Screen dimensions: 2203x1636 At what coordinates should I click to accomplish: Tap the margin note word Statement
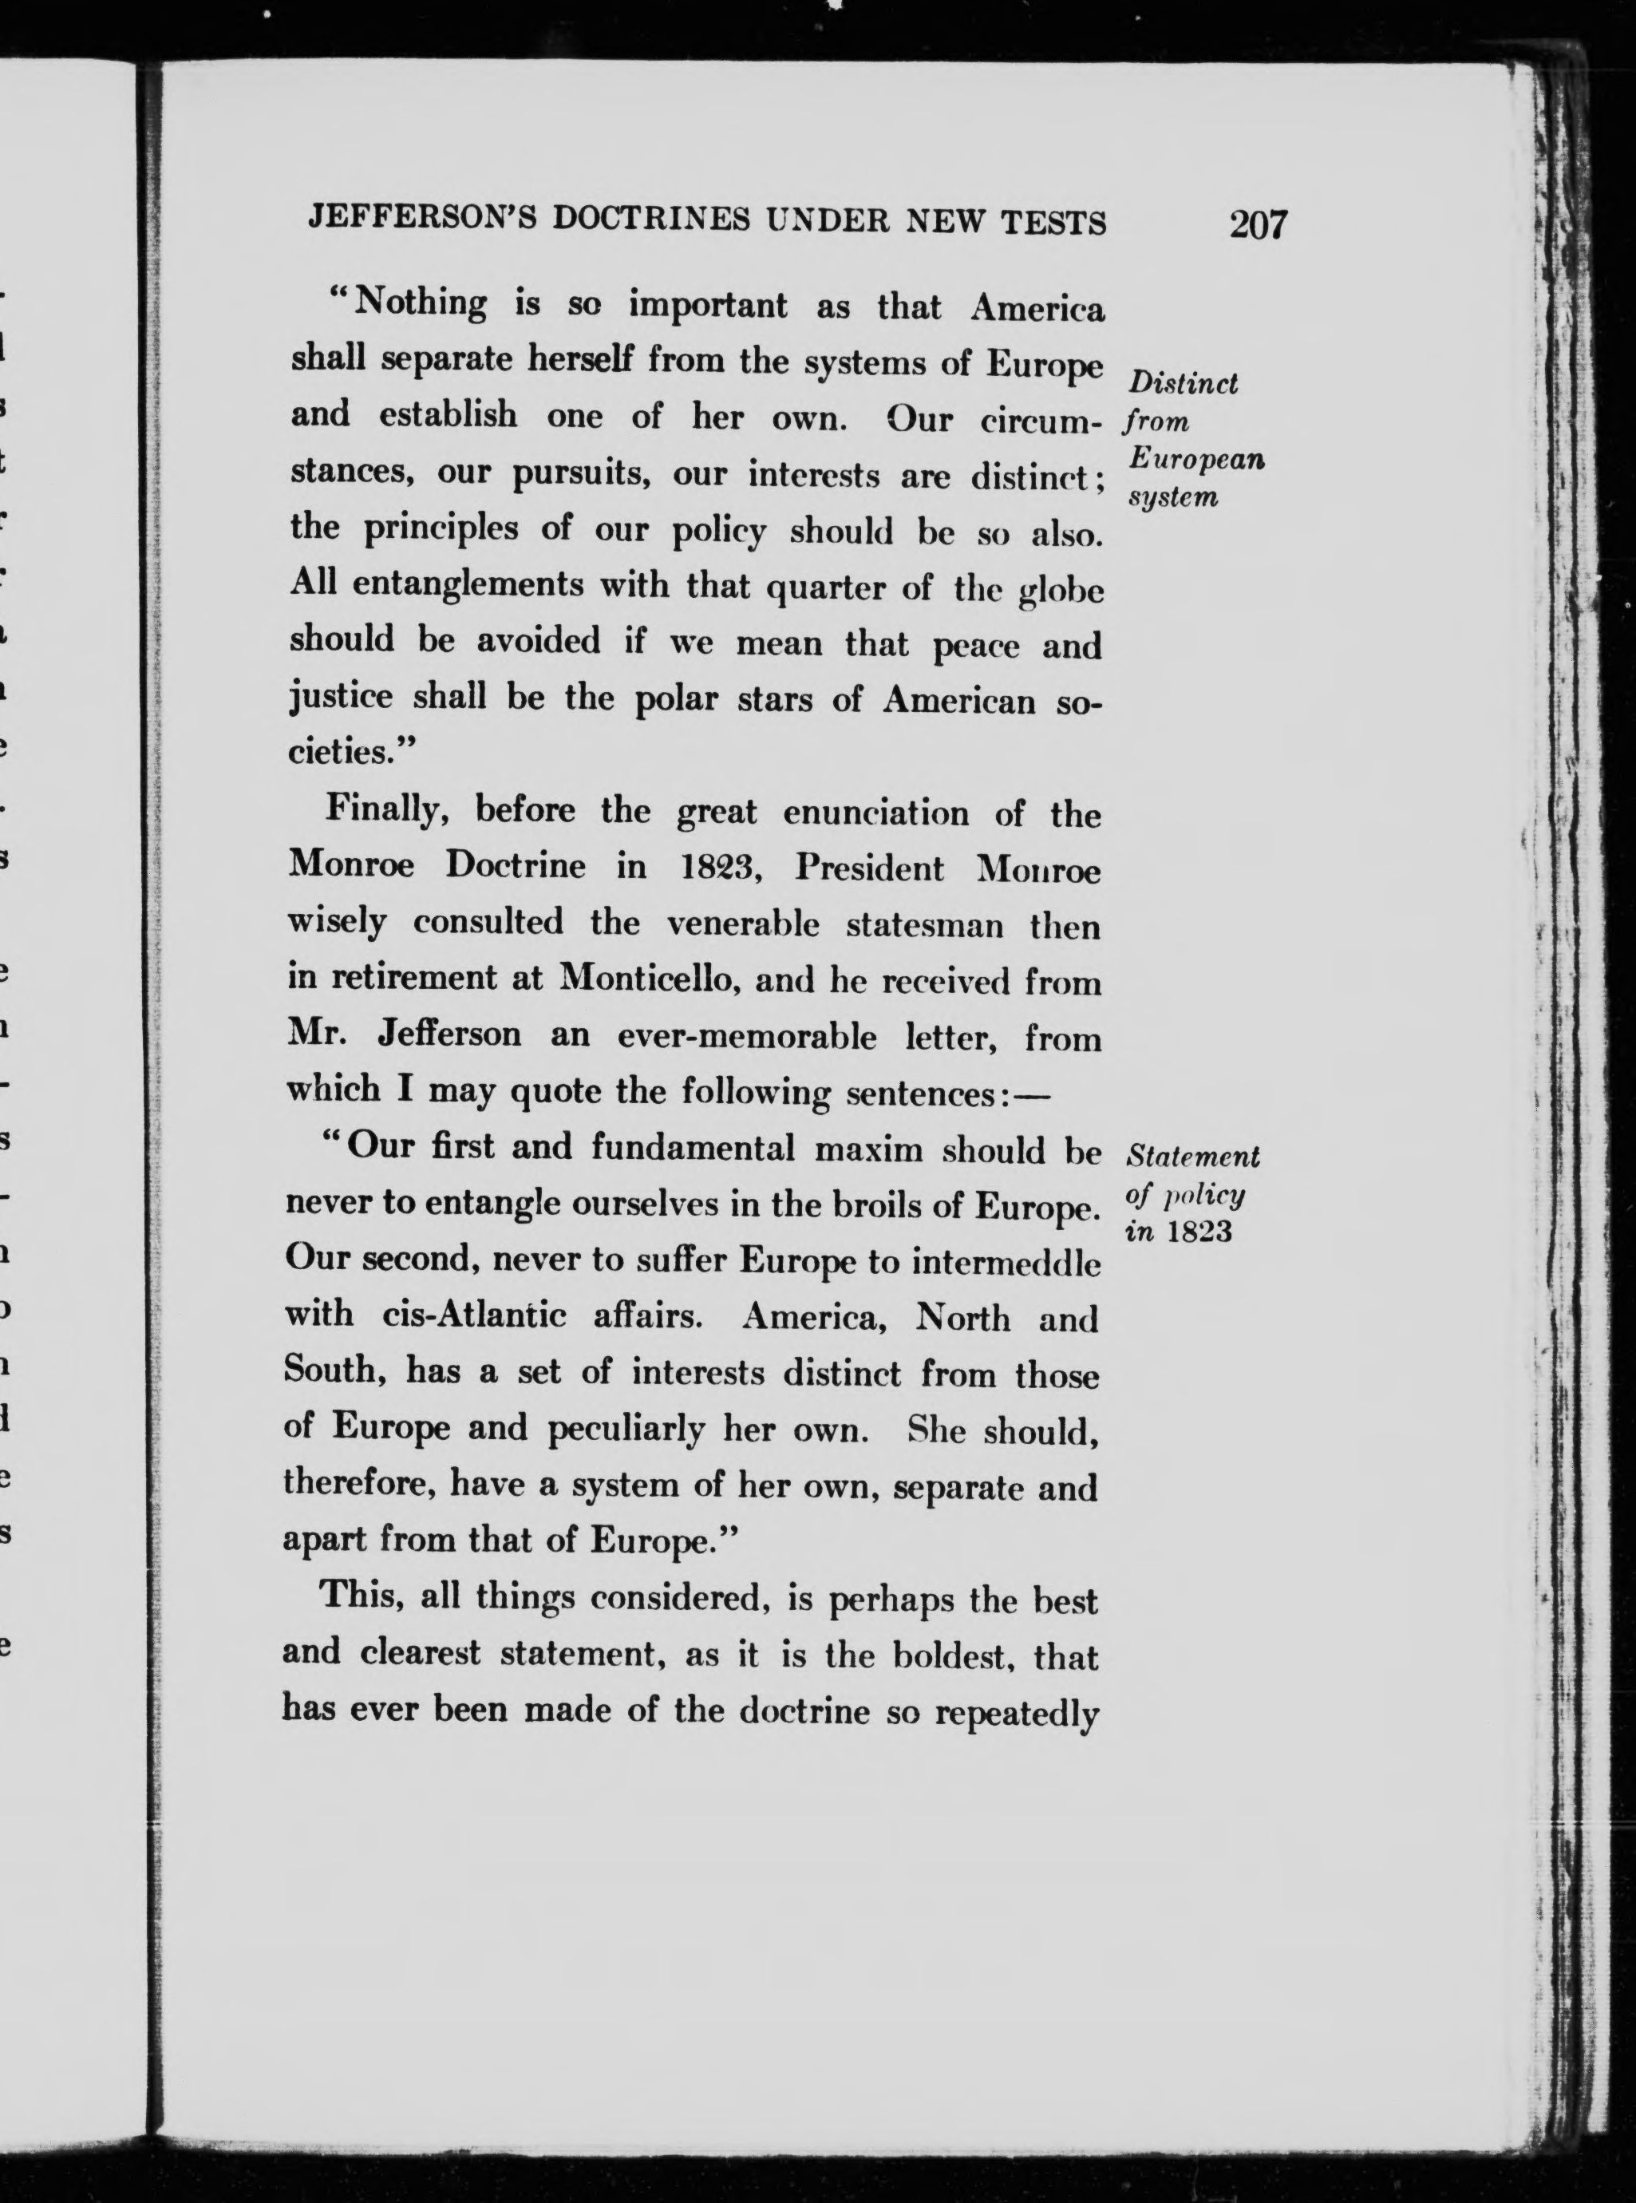[x=1193, y=1156]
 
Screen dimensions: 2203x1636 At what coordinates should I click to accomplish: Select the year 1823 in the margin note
[x=1199, y=1232]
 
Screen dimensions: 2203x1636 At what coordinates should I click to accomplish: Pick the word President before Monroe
[x=871, y=868]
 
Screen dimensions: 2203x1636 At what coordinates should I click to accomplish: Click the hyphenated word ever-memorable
[x=747, y=1036]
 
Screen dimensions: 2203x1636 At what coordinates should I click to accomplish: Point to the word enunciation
[x=875, y=813]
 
